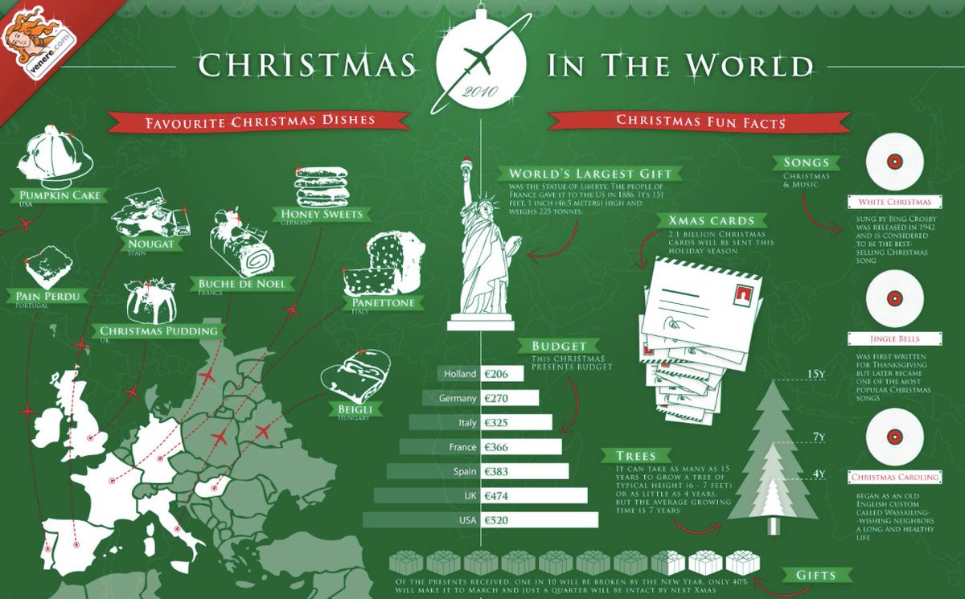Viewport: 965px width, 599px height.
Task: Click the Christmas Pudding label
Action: (x=158, y=331)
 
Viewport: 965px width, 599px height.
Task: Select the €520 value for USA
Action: (x=541, y=520)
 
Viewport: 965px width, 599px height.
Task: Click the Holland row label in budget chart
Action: (x=458, y=374)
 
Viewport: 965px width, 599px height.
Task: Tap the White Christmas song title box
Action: (x=894, y=202)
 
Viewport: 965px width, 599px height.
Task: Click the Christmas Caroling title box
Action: (x=894, y=478)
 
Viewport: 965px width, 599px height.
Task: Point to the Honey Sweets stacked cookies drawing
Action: (x=321, y=187)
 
